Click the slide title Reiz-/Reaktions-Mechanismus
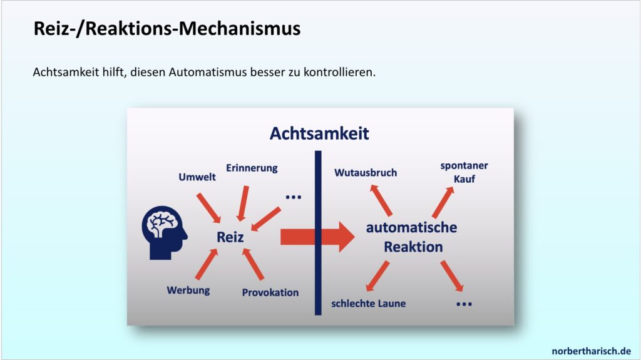(x=167, y=29)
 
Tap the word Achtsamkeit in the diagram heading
(x=319, y=133)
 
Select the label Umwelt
(x=197, y=177)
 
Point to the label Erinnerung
(x=252, y=168)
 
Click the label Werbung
(x=188, y=291)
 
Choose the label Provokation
(x=270, y=292)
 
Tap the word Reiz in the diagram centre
(x=230, y=237)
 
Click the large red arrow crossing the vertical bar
(x=317, y=237)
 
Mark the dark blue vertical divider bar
(x=318, y=233)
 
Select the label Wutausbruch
(x=366, y=173)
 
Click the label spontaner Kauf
(x=464, y=172)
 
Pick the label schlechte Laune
(x=368, y=304)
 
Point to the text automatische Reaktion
(x=412, y=237)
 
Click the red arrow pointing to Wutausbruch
(x=381, y=200)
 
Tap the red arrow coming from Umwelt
(x=208, y=208)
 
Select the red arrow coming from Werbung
(x=207, y=264)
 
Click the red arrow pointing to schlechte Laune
(x=377, y=276)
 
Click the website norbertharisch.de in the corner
(x=591, y=351)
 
